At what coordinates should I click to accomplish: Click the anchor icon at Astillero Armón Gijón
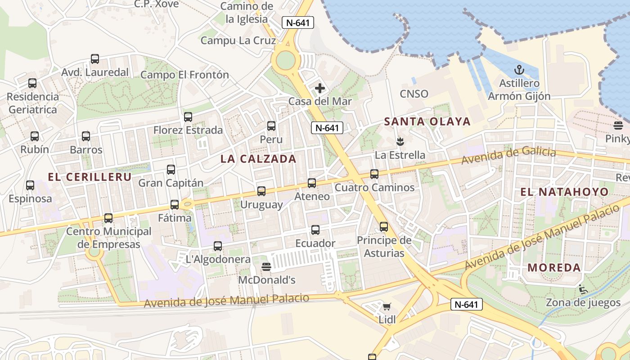(x=519, y=70)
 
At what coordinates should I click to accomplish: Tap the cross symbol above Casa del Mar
(x=319, y=88)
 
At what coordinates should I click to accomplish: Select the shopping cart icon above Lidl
(x=387, y=307)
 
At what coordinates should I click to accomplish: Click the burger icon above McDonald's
(x=266, y=267)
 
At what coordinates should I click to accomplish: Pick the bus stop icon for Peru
(x=271, y=126)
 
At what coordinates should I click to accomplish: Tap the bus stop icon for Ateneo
(x=312, y=183)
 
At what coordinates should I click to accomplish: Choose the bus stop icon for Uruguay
(x=261, y=191)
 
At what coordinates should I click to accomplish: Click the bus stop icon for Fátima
(x=175, y=205)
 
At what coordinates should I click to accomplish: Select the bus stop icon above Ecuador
(x=315, y=230)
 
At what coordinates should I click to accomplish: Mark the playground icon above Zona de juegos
(x=583, y=289)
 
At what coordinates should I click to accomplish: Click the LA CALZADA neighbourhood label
(x=258, y=159)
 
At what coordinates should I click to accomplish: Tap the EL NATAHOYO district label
(x=564, y=192)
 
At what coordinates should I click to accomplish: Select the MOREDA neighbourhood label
(x=554, y=268)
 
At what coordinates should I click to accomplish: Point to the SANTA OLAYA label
(x=427, y=121)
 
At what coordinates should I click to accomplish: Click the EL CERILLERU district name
(x=90, y=177)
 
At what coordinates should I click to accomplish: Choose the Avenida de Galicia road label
(x=508, y=156)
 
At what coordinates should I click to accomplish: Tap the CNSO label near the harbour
(x=414, y=94)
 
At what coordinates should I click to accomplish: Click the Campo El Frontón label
(x=184, y=75)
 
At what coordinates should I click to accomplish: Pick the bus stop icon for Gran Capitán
(x=171, y=170)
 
